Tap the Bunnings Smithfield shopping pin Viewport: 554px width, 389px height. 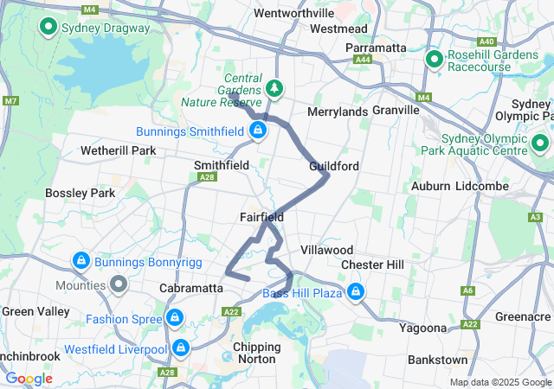[x=257, y=131]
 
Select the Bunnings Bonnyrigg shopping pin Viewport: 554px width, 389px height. [x=81, y=260]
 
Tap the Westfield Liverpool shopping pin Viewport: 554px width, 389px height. [x=181, y=348]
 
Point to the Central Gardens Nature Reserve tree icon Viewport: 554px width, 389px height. [x=274, y=88]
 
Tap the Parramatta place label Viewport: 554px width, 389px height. [x=376, y=48]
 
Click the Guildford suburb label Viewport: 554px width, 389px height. [x=335, y=165]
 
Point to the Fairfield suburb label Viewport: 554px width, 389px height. [x=262, y=217]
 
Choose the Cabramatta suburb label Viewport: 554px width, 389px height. [x=192, y=288]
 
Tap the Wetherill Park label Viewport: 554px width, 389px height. [x=118, y=150]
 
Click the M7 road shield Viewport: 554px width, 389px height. [x=10, y=101]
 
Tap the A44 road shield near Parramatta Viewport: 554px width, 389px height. [x=363, y=60]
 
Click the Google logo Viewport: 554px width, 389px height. [x=29, y=379]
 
